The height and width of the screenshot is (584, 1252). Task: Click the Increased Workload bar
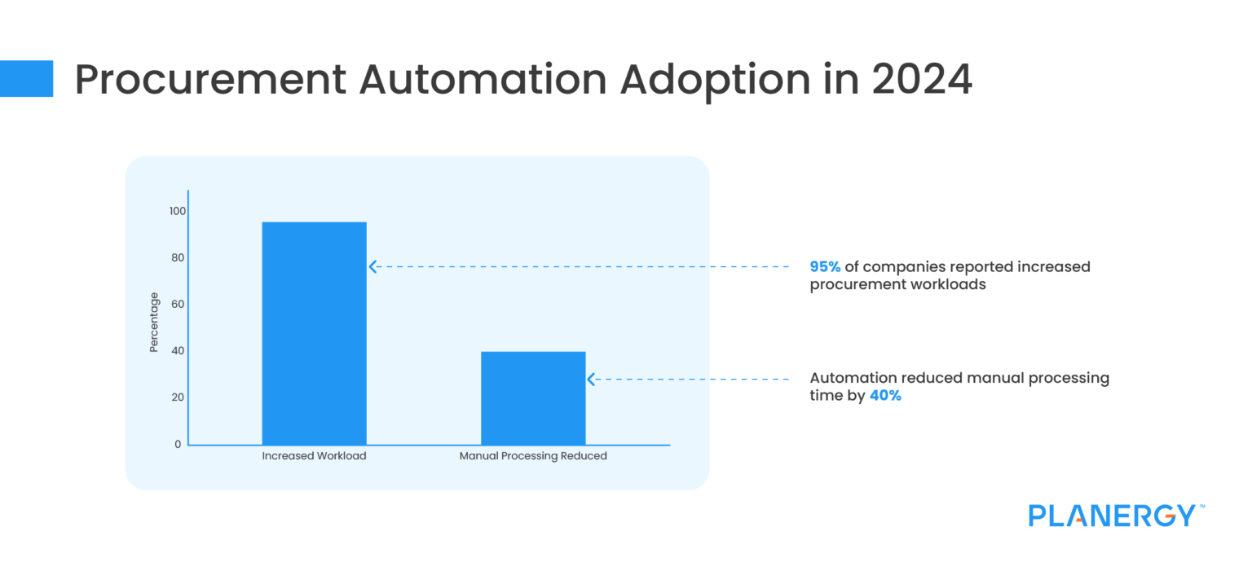[314, 333]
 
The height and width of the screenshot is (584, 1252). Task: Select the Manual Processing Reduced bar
[533, 398]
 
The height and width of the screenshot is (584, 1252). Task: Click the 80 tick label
[178, 258]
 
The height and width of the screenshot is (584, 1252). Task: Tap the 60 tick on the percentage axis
[178, 305]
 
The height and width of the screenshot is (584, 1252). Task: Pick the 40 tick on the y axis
[178, 351]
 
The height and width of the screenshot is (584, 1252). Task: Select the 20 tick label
[178, 397]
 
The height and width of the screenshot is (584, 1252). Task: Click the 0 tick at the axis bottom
[178, 444]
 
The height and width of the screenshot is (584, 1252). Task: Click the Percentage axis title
[154, 323]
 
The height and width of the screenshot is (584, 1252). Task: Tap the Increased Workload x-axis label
[314, 456]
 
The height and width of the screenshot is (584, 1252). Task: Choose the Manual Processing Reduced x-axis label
[533, 456]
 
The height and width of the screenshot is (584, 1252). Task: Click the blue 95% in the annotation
[825, 267]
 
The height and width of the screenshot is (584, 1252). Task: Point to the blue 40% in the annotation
[885, 397]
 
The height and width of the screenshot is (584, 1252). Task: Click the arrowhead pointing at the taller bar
[373, 266]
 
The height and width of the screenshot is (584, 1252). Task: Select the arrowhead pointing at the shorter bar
[591, 379]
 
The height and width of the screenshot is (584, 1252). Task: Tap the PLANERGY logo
[1113, 516]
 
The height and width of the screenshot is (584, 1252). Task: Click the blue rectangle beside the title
[26, 78]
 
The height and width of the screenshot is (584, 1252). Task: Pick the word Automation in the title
[482, 79]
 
